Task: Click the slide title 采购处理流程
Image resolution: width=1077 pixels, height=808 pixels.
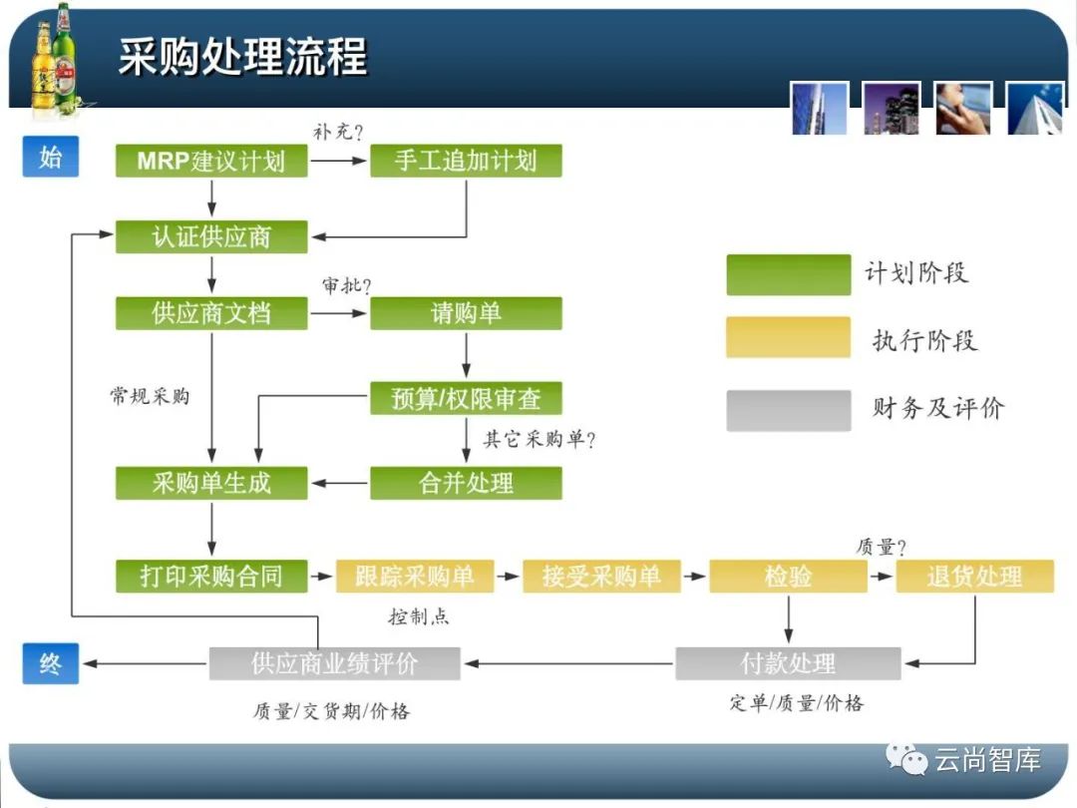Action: [x=242, y=56]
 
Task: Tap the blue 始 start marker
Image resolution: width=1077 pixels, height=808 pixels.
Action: [x=50, y=158]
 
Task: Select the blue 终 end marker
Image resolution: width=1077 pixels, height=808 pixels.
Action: [x=50, y=663]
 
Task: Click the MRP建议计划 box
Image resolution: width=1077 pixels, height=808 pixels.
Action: [x=210, y=162]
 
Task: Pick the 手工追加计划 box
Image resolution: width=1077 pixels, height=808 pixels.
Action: [x=466, y=162]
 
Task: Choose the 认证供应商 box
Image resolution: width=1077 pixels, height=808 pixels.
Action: [x=210, y=237]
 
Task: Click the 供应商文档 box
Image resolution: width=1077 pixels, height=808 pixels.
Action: [x=210, y=313]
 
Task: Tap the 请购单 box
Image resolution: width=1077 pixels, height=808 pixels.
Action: [x=466, y=313]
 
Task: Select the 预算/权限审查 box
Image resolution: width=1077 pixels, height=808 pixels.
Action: [x=466, y=399]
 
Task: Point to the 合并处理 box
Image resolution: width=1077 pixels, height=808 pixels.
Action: [x=466, y=484]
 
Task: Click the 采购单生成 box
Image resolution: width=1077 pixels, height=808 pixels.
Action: [x=210, y=484]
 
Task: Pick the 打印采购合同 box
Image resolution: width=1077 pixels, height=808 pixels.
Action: [x=210, y=577]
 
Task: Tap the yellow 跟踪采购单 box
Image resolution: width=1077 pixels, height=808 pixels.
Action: [x=414, y=577]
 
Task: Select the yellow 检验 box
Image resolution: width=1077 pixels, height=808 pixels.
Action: [x=788, y=577]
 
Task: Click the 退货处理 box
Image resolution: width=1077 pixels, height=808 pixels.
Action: [x=974, y=577]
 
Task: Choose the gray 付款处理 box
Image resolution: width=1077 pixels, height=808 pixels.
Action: [x=788, y=663]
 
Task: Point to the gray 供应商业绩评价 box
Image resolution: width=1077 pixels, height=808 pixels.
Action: [x=334, y=663]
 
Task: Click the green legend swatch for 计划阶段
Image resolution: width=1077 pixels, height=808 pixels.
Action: [x=788, y=274]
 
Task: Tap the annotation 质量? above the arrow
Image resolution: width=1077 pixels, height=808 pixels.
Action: [x=882, y=547]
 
